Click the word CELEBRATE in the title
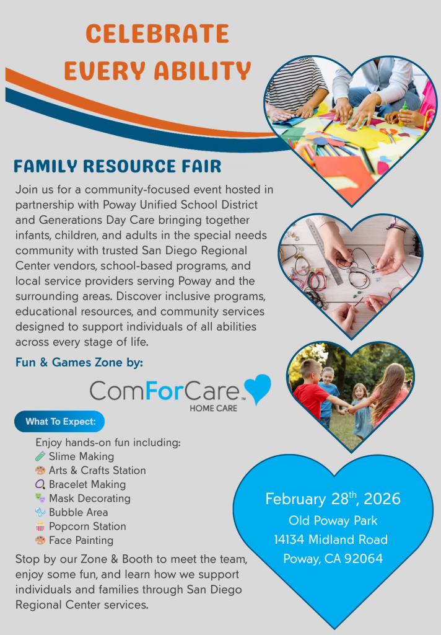pos(157,33)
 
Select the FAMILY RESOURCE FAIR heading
pos(117,166)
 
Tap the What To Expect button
pos(59,422)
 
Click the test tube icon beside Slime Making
pos(40,456)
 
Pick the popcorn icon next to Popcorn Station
pos(40,526)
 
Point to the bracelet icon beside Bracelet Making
pos(40,484)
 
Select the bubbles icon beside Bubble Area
pos(40,512)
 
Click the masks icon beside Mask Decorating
pos(40,498)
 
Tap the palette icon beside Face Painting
pos(40,540)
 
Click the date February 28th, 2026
pos(333,499)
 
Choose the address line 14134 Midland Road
pos(331,540)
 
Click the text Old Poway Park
pos(333,520)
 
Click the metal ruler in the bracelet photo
pos(324,251)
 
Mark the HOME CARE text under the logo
pos(213,408)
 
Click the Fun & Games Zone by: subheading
pos(79,362)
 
